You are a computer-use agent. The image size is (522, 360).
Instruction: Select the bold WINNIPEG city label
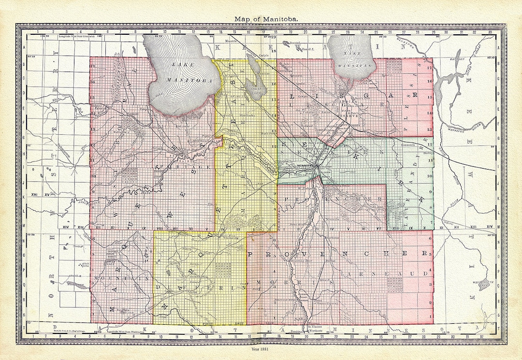[x=302, y=166]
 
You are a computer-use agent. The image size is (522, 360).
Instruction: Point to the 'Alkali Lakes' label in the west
[x=72, y=263]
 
